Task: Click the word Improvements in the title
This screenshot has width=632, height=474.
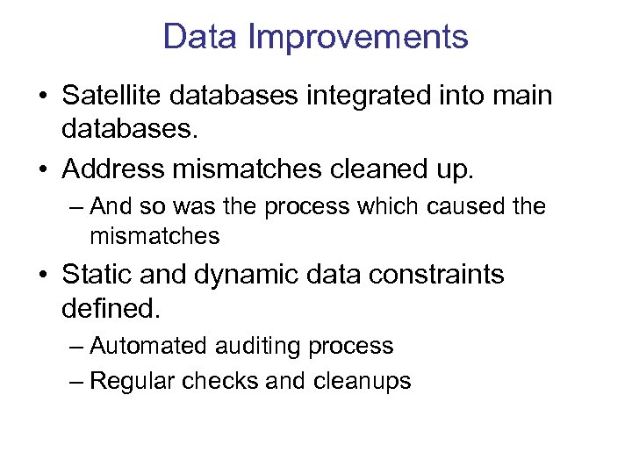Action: point(358,38)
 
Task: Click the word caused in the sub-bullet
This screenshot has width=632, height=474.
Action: point(457,207)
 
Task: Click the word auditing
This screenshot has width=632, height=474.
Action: point(259,348)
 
